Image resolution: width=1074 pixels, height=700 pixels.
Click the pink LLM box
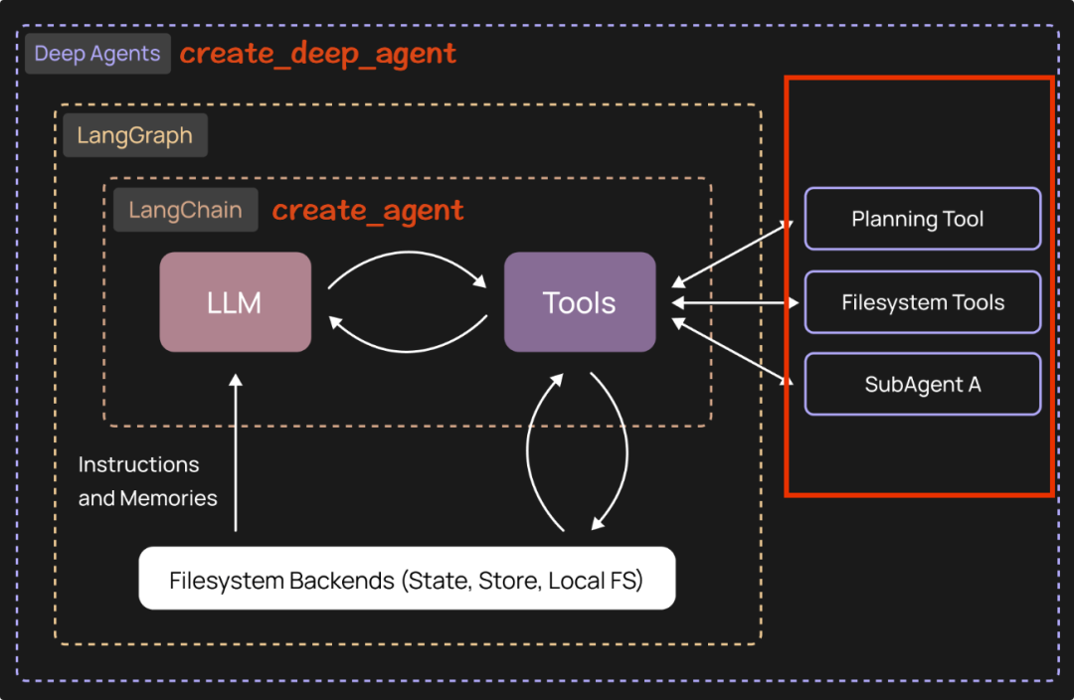[x=235, y=302]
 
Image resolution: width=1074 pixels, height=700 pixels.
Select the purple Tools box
[x=580, y=302]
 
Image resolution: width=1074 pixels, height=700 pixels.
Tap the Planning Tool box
[x=922, y=219]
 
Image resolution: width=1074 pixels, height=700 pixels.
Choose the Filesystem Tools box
[x=922, y=302]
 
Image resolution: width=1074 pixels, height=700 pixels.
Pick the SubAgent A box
[x=922, y=384]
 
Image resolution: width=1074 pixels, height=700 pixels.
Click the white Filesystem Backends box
[x=407, y=579]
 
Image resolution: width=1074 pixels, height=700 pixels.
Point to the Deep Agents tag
[x=97, y=54]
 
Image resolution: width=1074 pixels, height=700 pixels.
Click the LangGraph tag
[x=135, y=135]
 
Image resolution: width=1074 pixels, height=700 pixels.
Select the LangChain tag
[x=186, y=210]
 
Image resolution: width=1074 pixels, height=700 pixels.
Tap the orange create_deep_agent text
[x=318, y=54]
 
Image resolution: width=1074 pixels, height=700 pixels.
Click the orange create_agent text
[x=368, y=210]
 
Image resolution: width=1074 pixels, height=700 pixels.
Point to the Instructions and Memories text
[x=147, y=481]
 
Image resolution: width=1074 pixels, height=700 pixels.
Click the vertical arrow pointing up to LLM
[x=236, y=452]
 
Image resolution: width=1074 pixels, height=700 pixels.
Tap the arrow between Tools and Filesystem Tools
[x=736, y=302]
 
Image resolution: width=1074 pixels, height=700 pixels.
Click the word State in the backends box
[x=437, y=580]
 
